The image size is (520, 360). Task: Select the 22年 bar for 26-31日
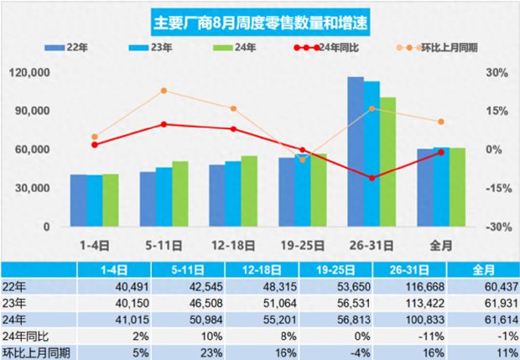(356, 152)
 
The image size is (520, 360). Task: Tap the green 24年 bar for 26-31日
(387, 162)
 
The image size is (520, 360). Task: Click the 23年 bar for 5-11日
(164, 196)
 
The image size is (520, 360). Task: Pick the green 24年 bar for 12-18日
(249, 191)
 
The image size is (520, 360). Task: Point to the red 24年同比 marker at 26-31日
(372, 178)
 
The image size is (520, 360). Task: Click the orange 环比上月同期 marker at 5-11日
(164, 91)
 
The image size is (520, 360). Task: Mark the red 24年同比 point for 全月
(441, 153)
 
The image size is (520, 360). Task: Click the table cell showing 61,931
(482, 300)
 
